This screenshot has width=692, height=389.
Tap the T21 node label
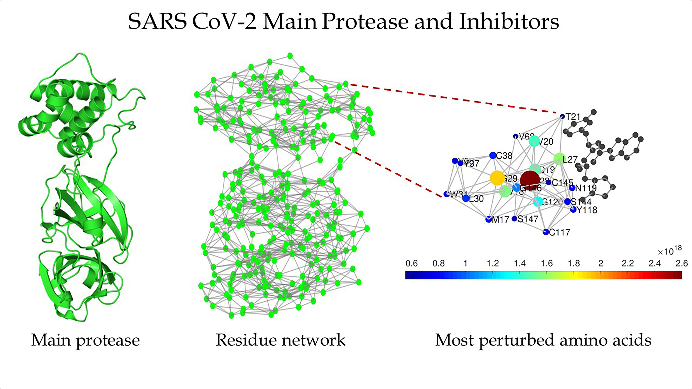click(573, 117)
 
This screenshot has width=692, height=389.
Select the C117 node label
click(559, 232)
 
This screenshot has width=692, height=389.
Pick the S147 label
click(528, 219)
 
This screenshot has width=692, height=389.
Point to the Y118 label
click(587, 210)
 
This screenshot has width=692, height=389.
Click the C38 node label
click(504, 156)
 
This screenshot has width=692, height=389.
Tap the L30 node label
click(476, 199)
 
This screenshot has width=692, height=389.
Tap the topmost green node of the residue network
click(290, 56)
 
